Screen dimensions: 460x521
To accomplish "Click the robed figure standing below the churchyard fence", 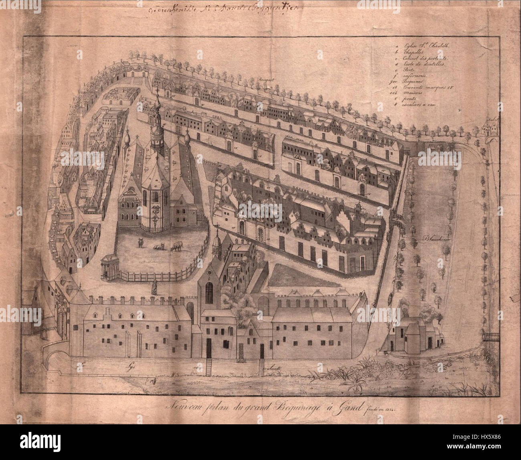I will [153, 286].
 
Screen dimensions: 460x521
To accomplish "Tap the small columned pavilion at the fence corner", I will [107, 266].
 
